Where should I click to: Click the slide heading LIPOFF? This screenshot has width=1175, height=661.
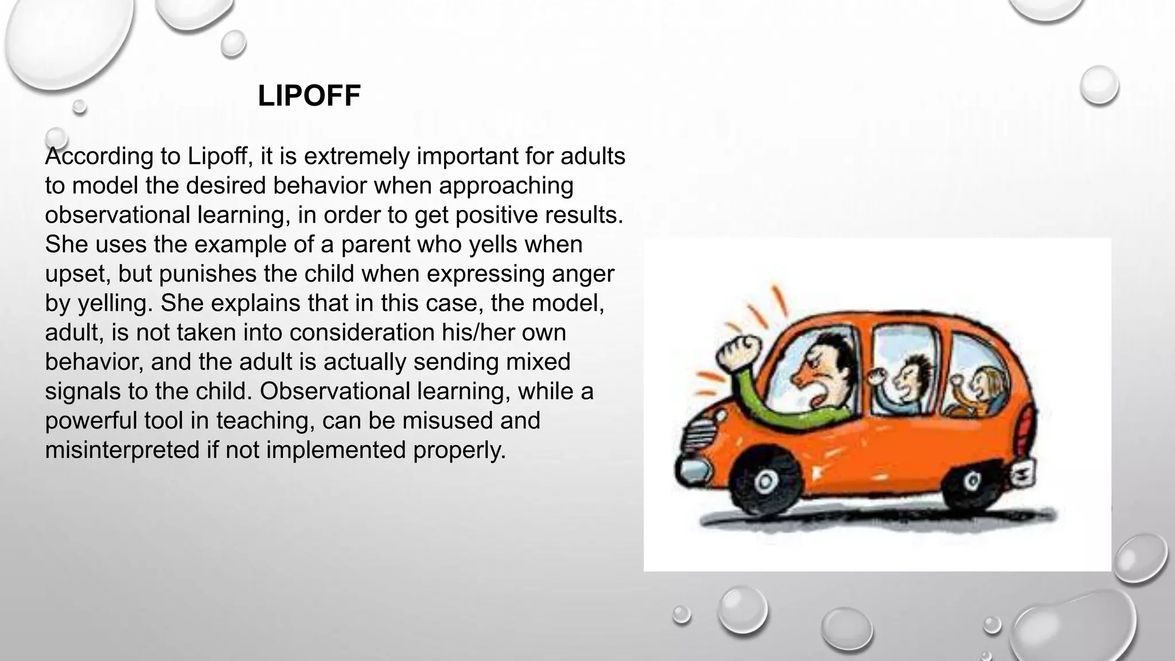pyautogui.click(x=309, y=96)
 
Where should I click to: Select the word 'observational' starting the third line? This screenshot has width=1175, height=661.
pyautogui.click(x=117, y=215)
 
